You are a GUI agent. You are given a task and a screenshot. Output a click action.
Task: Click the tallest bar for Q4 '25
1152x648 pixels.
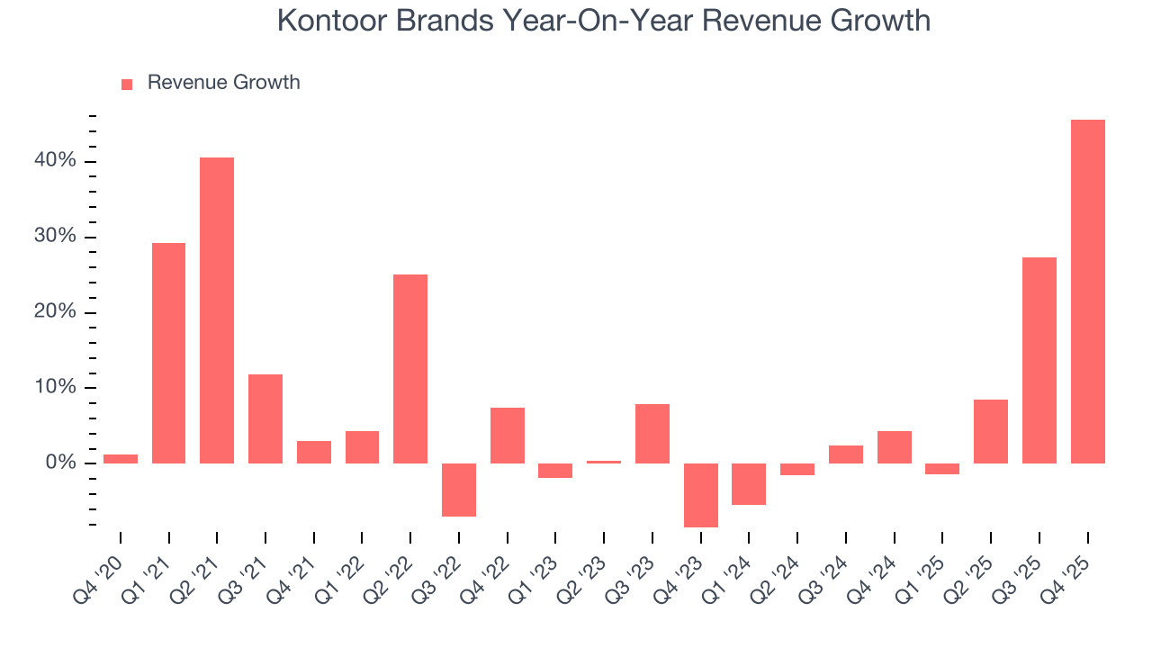pyautogui.click(x=1087, y=292)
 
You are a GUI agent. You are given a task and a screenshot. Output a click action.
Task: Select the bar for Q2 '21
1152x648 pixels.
pyautogui.click(x=217, y=310)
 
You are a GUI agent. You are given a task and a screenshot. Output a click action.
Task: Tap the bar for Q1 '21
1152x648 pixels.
pyautogui.click(x=168, y=353)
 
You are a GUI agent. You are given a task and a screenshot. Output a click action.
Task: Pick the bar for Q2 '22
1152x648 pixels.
pyautogui.click(x=410, y=369)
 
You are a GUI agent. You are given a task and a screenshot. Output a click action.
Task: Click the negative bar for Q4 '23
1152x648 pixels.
pyautogui.click(x=701, y=495)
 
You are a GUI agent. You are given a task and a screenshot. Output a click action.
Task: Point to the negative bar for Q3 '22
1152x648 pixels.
pyautogui.click(x=459, y=490)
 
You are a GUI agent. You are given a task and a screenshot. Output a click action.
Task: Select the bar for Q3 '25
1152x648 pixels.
pyautogui.click(x=1039, y=360)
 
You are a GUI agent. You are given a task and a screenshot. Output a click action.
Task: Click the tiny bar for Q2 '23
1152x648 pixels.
pyautogui.click(x=604, y=462)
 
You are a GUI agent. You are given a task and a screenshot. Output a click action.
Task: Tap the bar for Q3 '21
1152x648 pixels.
pyautogui.click(x=265, y=418)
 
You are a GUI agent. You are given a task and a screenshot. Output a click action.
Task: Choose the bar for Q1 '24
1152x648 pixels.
pyautogui.click(x=749, y=484)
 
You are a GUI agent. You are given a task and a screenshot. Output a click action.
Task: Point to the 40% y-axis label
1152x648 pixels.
pyautogui.click(x=55, y=161)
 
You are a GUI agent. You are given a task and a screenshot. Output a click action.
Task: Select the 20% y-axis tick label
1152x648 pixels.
pyautogui.click(x=55, y=312)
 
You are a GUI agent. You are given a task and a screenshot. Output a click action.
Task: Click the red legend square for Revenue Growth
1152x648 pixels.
pyautogui.click(x=127, y=84)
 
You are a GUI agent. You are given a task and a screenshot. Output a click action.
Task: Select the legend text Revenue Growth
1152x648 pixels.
pyautogui.click(x=223, y=83)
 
